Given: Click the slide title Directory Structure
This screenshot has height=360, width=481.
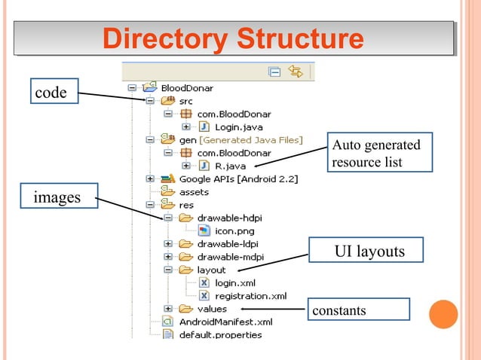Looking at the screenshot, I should (x=234, y=38).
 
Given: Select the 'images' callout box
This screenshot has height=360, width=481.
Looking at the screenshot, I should (x=59, y=198).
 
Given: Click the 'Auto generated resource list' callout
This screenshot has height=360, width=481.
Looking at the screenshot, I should (x=380, y=153).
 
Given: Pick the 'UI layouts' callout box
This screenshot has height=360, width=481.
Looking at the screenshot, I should (x=369, y=252).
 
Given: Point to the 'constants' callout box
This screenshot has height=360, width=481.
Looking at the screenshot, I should (x=358, y=310).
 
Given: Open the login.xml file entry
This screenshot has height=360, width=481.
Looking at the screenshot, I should (x=236, y=282).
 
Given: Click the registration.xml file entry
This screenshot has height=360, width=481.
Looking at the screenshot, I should (x=250, y=296).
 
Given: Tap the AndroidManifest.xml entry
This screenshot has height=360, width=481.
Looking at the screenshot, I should (x=225, y=322).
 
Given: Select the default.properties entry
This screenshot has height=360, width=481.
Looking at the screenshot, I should (x=220, y=334).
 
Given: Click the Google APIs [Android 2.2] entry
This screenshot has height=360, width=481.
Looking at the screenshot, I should (x=238, y=178).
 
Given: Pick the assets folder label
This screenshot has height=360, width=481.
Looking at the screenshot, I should (x=194, y=192).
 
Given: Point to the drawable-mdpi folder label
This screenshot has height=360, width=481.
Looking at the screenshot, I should (x=230, y=257).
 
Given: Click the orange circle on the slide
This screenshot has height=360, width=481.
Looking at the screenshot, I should (x=443, y=315).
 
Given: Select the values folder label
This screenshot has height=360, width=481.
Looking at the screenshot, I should (x=211, y=309).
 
